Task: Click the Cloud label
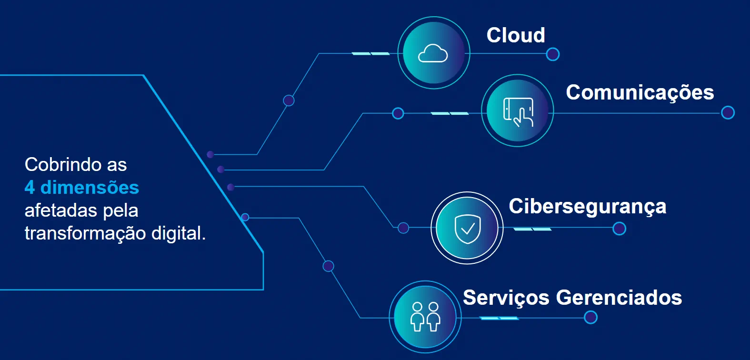pos(516,35)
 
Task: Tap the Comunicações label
pos(640,92)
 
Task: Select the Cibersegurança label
pos(587,207)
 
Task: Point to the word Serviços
pos(506,298)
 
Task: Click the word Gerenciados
pos(619,298)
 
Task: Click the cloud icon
pos(433,53)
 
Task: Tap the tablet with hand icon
pos(518,111)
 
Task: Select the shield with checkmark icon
pos(468,229)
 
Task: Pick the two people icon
pos(425,317)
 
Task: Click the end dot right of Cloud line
pos(552,54)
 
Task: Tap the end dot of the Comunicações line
pos(728,113)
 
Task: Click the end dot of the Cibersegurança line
pos(619,229)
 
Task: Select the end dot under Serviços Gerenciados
pos(590,317)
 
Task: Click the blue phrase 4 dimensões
pos(81,188)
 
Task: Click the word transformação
pos(85,233)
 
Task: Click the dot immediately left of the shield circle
pos(403,228)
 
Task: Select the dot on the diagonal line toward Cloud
pos(289,100)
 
